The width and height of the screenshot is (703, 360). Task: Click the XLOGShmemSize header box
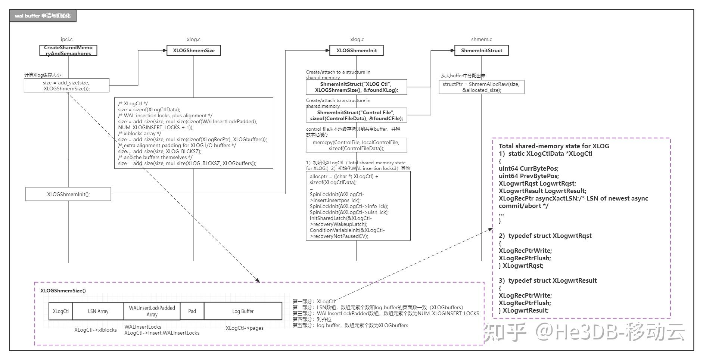coord(193,50)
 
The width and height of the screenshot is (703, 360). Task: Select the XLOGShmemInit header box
coord(356,50)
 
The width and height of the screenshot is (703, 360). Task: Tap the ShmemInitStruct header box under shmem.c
coord(481,50)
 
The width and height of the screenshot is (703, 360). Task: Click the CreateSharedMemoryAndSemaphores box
coord(68,50)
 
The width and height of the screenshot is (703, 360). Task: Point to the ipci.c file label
coord(66,39)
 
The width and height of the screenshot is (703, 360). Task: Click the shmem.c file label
coord(481,39)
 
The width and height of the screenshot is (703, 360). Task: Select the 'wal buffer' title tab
coord(43,16)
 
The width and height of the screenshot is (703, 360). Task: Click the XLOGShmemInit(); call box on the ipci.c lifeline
coord(68,194)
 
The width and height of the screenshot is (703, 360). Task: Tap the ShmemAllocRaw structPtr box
coord(481,87)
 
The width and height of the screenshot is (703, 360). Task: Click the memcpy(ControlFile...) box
coord(356,145)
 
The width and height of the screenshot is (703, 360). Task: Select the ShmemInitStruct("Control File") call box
coord(356,115)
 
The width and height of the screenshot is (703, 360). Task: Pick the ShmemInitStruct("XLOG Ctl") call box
coord(356,87)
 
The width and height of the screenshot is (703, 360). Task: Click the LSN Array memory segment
coord(98,311)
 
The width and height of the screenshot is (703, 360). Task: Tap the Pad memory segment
coord(192,311)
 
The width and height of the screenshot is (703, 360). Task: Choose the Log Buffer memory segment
coord(243,311)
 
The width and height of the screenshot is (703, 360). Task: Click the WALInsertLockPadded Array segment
coord(152,311)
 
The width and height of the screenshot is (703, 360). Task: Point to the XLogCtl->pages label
coord(244,328)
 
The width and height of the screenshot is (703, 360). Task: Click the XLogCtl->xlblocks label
coord(95,330)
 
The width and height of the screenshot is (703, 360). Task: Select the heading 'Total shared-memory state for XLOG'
coord(554,146)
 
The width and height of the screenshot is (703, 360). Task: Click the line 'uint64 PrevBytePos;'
coord(528,176)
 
